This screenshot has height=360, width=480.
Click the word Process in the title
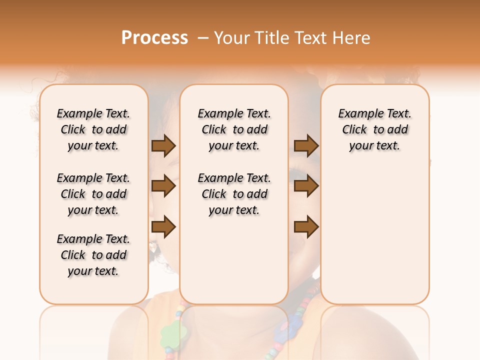coord(154,38)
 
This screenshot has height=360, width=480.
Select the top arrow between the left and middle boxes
coord(163,145)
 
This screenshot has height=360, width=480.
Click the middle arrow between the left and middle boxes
coord(163,186)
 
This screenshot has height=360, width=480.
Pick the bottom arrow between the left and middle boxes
coord(163,227)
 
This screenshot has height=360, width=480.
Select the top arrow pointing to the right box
coord(306,145)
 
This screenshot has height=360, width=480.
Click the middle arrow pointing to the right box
coord(306,186)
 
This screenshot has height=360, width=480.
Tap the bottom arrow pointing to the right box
coord(306,227)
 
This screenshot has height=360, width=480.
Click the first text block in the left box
coord(93,129)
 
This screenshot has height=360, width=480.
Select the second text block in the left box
coord(93,194)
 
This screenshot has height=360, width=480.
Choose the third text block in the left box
coord(93,255)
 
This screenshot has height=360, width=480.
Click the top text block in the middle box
coord(234,129)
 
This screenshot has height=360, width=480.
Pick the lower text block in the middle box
coord(234,194)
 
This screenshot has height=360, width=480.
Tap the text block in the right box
coord(374,129)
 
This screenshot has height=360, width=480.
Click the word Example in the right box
coord(356,114)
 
